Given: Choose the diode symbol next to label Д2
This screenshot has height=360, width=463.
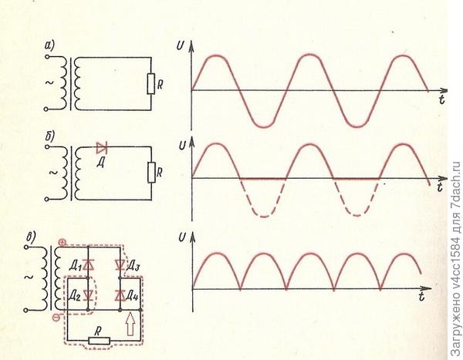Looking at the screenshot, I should point(89,294).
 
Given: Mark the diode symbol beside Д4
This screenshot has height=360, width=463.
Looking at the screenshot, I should point(120,294).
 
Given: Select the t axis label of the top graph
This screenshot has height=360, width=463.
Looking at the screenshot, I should point(441,101).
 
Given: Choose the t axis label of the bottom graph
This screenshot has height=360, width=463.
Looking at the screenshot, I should point(422,297).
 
